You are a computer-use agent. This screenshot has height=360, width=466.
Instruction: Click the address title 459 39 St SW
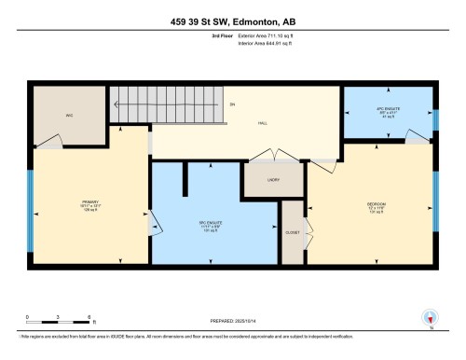[232, 21]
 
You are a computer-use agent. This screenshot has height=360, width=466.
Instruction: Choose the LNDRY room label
[274, 179]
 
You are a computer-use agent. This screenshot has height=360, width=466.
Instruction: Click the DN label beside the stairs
[231, 104]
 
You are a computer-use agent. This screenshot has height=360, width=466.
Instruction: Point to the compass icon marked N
[429, 317]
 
